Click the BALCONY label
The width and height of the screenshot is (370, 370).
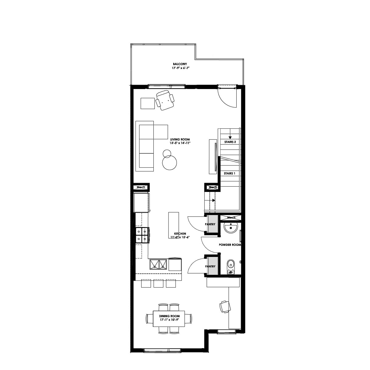pyautogui.click(x=180, y=64)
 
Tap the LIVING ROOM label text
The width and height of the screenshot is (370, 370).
pyautogui.click(x=180, y=140)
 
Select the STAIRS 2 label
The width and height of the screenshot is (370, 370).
pyautogui.click(x=230, y=142)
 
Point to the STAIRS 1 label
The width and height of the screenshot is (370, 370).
pyautogui.click(x=230, y=173)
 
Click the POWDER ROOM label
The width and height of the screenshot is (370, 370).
pyautogui.click(x=230, y=245)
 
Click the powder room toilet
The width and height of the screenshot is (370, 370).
pyautogui.click(x=231, y=266)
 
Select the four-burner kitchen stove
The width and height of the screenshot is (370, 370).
pyautogui.click(x=142, y=235)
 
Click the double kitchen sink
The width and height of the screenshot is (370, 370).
pyautogui.click(x=158, y=265)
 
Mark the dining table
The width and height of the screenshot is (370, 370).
pyautogui.click(x=169, y=319)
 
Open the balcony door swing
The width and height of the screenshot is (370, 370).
pyautogui.click(x=227, y=97)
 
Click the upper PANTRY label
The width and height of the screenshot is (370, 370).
pyautogui.click(x=210, y=224)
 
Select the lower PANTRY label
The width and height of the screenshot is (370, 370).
pyautogui.click(x=210, y=266)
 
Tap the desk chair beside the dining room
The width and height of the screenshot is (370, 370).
pyautogui.click(x=225, y=307)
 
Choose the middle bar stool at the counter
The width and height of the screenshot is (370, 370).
pyautogui.click(x=158, y=283)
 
